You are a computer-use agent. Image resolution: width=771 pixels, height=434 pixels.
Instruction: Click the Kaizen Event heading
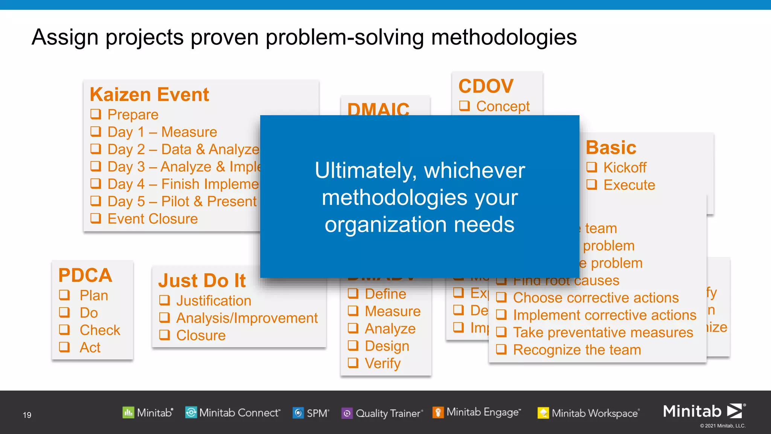point(149,95)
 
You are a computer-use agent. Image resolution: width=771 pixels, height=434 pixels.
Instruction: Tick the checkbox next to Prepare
point(96,114)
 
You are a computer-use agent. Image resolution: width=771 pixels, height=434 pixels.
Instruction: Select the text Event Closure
point(152,219)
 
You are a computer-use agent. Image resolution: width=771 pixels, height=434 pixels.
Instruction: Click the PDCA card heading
point(85,275)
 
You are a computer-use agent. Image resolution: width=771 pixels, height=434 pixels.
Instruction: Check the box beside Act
point(65,347)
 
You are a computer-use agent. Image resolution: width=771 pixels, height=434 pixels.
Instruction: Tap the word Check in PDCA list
point(100,330)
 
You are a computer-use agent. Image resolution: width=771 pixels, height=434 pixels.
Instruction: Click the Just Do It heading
point(202,281)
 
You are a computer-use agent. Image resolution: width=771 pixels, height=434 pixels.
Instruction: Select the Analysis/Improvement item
point(247,318)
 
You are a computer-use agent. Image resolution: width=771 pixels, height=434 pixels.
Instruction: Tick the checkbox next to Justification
point(165,300)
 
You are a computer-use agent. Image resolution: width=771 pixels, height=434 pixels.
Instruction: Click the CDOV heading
point(486,86)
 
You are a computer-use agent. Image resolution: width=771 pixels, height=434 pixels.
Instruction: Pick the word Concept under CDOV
point(503,106)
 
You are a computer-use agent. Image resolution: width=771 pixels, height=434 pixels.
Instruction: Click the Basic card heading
point(611,148)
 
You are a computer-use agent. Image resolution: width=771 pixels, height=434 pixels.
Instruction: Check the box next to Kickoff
point(592,167)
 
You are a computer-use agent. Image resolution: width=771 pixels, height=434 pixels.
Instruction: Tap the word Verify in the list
point(382,363)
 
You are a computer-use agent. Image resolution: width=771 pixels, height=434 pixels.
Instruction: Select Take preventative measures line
point(603,332)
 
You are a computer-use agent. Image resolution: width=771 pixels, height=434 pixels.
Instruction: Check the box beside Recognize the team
point(501,349)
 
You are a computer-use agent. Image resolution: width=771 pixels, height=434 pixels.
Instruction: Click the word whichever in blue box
point(474,170)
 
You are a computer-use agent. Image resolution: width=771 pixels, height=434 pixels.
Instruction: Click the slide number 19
point(27,415)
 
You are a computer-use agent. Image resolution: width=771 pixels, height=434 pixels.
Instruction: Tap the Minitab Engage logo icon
point(438,413)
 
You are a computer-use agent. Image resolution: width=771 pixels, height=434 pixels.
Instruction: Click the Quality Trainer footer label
point(388,413)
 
